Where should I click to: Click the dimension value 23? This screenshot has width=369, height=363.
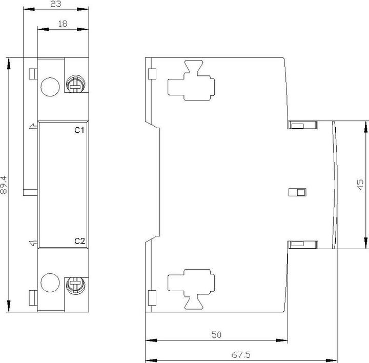[x=56, y=4]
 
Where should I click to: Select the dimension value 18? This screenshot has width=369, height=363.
[x=63, y=24]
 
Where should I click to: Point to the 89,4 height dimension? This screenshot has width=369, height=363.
[x=4, y=185]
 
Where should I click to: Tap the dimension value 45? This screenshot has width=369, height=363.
[x=360, y=185]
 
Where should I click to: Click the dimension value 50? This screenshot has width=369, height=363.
[x=216, y=335]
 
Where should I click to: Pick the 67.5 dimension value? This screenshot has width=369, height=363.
[x=241, y=355]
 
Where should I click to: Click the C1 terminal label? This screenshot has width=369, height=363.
[x=79, y=130]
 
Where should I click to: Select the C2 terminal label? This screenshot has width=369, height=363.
[x=79, y=241]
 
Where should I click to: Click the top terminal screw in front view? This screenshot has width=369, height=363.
[x=76, y=84]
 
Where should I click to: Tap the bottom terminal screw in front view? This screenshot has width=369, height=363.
[x=76, y=285]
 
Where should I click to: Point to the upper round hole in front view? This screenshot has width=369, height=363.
[x=50, y=87]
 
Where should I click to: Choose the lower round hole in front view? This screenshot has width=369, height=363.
[x=50, y=283]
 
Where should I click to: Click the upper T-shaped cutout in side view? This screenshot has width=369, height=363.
[x=191, y=80]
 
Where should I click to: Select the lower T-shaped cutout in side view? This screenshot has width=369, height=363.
[x=191, y=289]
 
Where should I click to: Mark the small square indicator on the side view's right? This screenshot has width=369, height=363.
[x=297, y=192]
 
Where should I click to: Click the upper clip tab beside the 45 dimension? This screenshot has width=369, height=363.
[x=303, y=125]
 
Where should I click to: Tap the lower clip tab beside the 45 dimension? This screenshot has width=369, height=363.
[x=303, y=245]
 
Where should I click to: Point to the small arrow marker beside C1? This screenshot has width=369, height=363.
[x=33, y=126]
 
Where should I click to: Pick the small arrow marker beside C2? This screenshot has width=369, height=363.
[x=33, y=243]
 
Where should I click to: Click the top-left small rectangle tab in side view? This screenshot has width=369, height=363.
[x=152, y=74]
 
